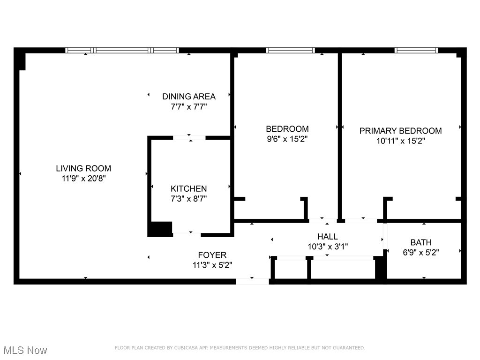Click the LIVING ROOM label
(83, 168)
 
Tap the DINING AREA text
(189, 97)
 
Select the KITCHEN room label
(188, 188)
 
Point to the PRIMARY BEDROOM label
(400, 131)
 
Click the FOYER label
(212, 255)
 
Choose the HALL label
(327, 237)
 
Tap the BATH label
(421, 242)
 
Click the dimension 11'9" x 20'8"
(83, 179)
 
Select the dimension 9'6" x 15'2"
(287, 139)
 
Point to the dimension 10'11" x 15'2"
(400, 141)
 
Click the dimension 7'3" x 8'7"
(188, 199)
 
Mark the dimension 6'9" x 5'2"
(421, 252)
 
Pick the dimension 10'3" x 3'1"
(327, 247)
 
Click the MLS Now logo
(25, 350)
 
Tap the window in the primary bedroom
(416, 50)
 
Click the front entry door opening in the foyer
(252, 281)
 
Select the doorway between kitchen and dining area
(189, 138)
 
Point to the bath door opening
(385, 237)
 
